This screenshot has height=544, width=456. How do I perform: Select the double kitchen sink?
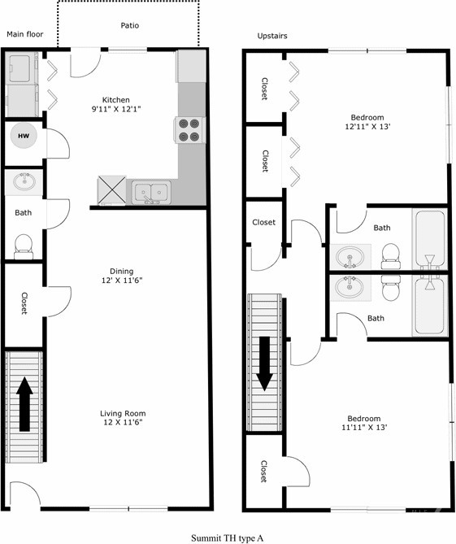coord(151,192)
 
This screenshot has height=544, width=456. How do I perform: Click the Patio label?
coord(129,25)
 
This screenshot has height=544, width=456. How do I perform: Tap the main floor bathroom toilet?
coord(24,244)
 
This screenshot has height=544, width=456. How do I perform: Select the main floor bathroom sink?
coord(23,181)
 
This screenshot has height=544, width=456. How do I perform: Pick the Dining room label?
coord(122,272)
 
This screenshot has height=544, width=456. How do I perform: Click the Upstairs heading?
coord(272,36)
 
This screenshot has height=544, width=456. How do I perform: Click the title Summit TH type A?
coord(228,537)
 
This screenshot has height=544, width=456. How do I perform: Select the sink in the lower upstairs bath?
coord(351,288)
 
